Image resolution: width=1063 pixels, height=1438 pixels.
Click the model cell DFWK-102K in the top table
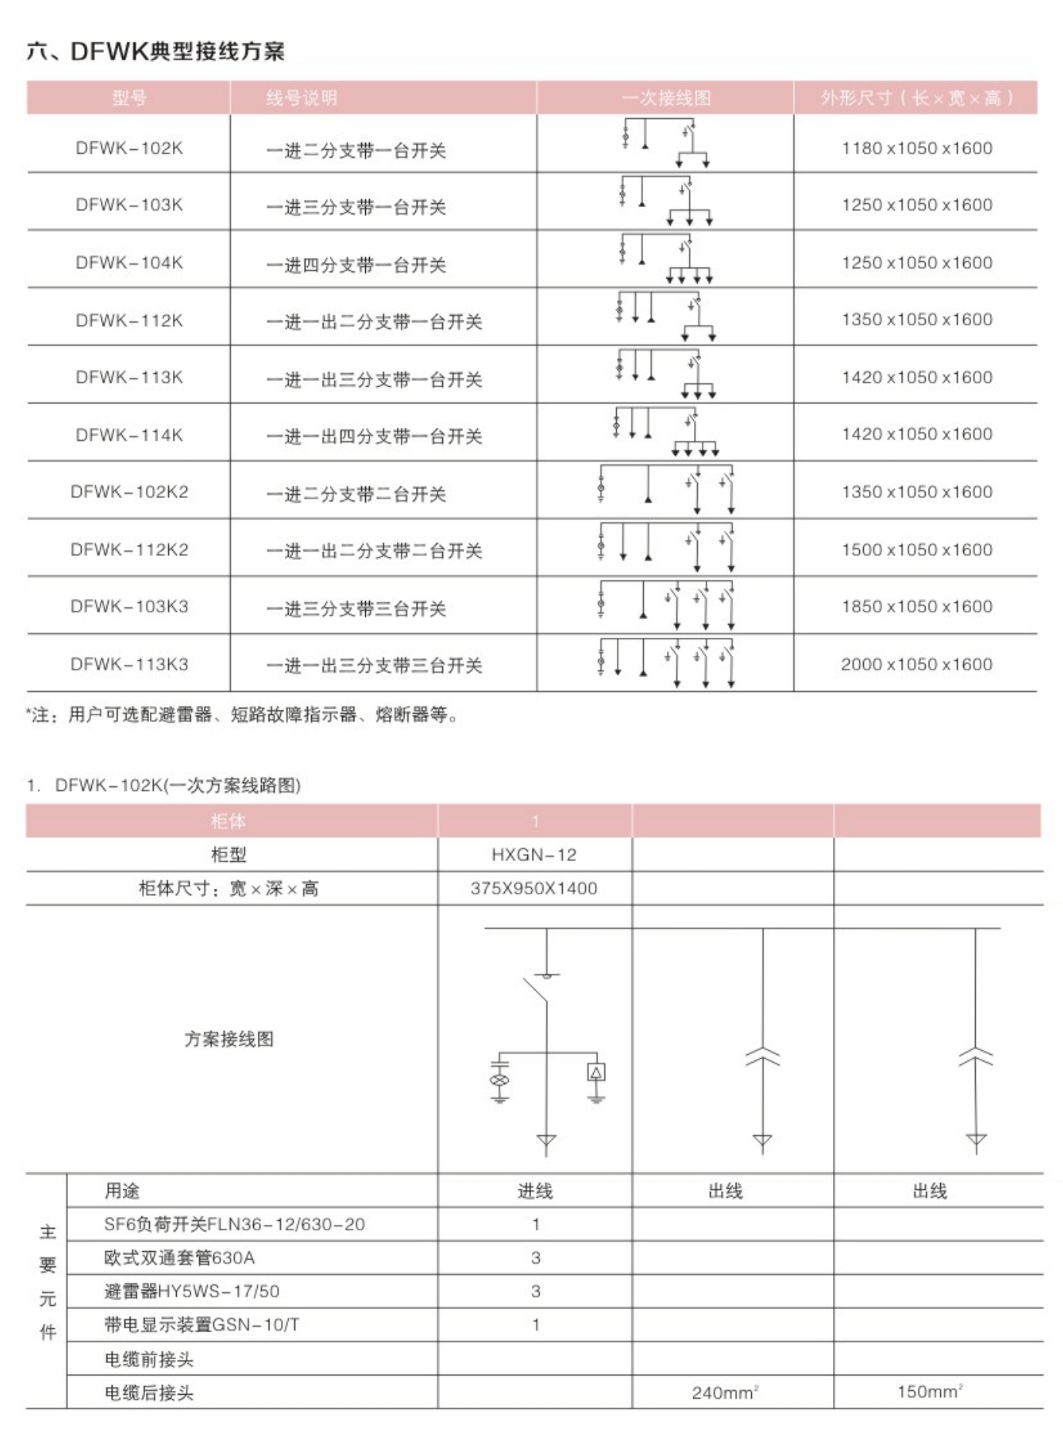click(129, 148)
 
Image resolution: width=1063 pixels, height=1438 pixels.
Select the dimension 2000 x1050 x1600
click(916, 664)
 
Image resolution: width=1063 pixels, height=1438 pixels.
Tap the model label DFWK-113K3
click(129, 664)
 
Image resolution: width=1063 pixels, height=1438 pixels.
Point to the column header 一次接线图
click(665, 98)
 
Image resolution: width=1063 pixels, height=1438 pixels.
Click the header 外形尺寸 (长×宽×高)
click(916, 98)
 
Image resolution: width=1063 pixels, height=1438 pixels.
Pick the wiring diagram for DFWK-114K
click(666, 433)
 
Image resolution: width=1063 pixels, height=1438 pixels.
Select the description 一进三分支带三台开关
click(356, 609)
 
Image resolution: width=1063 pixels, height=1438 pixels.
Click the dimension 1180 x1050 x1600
click(916, 148)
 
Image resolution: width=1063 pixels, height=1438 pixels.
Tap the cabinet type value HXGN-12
click(534, 855)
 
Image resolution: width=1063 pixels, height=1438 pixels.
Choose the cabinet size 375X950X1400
click(534, 888)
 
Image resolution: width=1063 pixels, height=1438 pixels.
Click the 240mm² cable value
click(725, 1392)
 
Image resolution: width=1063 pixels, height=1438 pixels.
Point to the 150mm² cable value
click(929, 1392)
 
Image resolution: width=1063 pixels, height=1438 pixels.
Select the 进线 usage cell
click(534, 1191)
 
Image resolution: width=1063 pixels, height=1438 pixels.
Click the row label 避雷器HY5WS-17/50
click(191, 1290)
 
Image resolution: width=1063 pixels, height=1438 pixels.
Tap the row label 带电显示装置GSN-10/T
click(201, 1324)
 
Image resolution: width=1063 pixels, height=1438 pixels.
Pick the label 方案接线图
click(229, 1039)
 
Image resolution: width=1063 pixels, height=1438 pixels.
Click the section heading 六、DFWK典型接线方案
click(155, 52)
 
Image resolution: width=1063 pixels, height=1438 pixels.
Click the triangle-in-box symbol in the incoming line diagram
click(596, 1072)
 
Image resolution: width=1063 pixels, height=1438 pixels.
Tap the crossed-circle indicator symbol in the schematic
click(499, 1079)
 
